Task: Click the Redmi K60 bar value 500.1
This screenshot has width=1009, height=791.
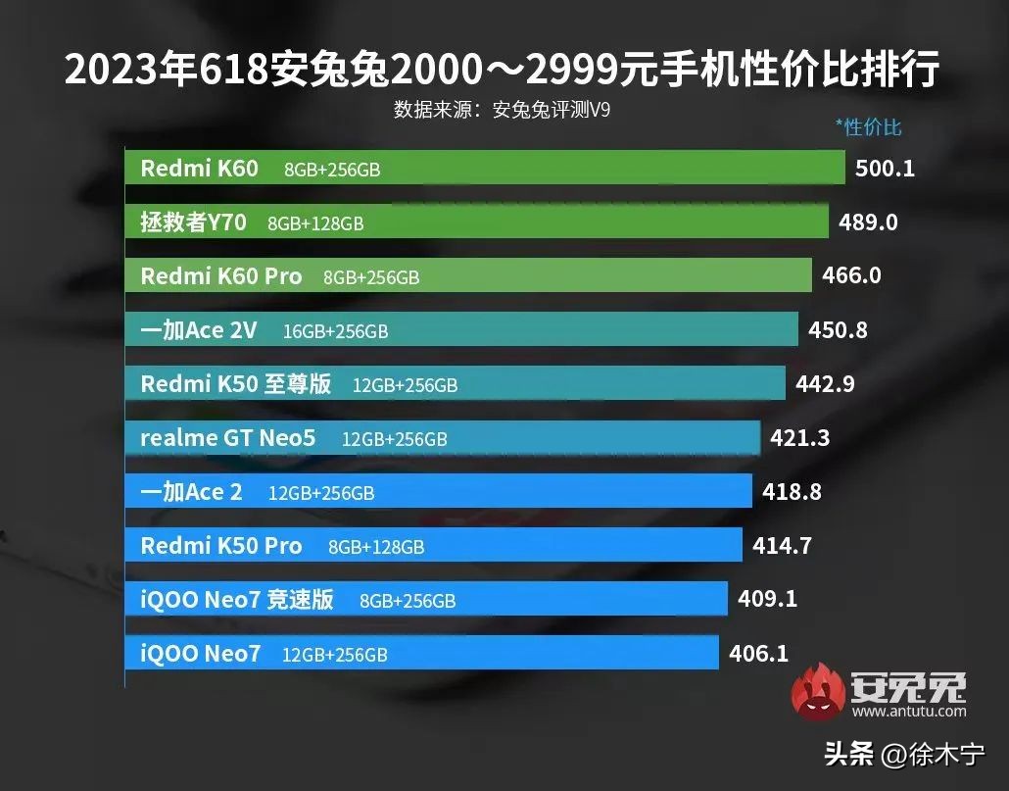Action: pos(885,169)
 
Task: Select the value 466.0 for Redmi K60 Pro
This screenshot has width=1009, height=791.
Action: pos(851,275)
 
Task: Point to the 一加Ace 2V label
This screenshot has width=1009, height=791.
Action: pos(199,330)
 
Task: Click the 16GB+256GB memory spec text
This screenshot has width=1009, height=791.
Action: pos(335,332)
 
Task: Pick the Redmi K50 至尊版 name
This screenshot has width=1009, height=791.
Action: pos(236,384)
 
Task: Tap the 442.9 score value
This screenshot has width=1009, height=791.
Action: pos(825,384)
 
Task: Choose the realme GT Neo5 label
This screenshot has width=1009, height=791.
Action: pos(228,438)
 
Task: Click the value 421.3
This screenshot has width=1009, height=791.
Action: pos(799,438)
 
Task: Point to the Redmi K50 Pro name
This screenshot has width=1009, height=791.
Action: pos(221,545)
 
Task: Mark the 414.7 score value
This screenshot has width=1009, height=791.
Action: pos(782,545)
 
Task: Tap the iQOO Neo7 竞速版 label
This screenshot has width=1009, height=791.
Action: pos(237,599)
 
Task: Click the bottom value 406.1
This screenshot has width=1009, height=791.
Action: pos(759,652)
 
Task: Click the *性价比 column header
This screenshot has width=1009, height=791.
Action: pos(868,126)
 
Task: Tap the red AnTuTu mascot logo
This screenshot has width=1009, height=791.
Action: pos(818,690)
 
